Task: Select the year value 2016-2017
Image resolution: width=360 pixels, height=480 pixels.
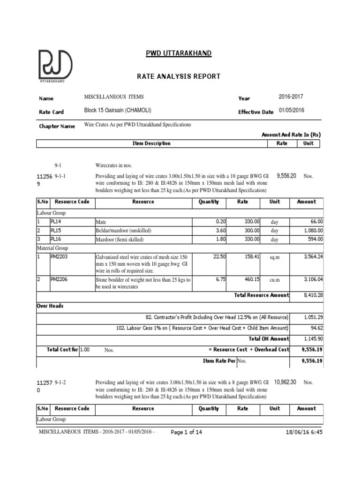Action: coord(291,97)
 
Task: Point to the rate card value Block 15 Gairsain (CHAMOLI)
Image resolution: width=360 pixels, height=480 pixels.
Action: coord(118,111)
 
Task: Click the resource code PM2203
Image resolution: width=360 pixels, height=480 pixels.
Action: coord(60,256)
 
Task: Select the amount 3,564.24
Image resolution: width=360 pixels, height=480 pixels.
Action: coord(313,256)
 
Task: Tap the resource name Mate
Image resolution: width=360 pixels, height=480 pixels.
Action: coord(101,222)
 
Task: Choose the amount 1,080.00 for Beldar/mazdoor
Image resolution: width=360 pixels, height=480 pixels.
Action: coord(313,231)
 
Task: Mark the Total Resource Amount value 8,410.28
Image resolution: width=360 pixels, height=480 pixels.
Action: coord(313,295)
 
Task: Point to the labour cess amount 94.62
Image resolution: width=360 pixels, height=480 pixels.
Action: coord(316,328)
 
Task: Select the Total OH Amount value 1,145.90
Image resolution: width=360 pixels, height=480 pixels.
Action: coord(313,338)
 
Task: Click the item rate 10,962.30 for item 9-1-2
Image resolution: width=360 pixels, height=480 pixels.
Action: coord(285,382)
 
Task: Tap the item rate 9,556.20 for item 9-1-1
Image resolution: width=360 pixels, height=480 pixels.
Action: coord(286,175)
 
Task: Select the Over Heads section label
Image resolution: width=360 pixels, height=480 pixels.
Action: coord(50,306)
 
